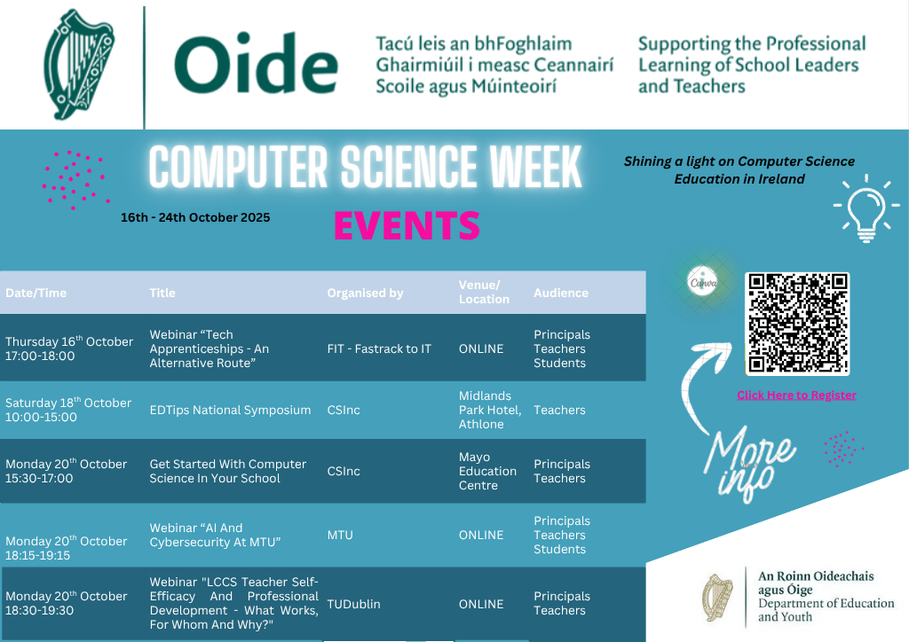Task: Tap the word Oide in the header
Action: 256,66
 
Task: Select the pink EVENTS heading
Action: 407,225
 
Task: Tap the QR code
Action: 798,323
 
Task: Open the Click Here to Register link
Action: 796,395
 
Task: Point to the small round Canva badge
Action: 703,283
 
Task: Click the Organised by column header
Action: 365,293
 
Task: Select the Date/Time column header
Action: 36,293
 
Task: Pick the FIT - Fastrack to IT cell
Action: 379,348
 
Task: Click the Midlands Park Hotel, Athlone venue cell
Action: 489,410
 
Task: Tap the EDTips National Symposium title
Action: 230,410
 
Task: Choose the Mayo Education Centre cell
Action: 487,471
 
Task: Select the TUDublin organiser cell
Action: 353,604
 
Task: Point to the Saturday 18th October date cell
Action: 68,410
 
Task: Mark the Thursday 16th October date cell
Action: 69,348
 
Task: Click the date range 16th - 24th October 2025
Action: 195,217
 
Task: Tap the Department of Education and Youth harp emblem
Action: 718,598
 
